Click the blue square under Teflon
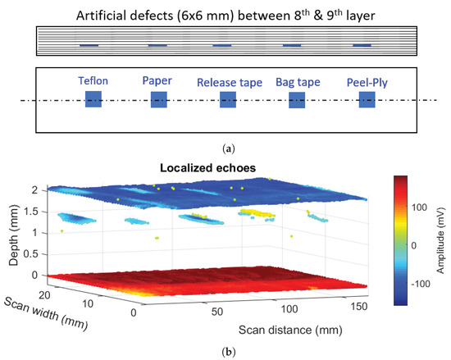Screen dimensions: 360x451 (x=93, y=100)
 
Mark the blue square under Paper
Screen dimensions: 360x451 (x=159, y=100)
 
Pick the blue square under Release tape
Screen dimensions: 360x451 (x=229, y=100)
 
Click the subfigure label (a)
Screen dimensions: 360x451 (x=226, y=148)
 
